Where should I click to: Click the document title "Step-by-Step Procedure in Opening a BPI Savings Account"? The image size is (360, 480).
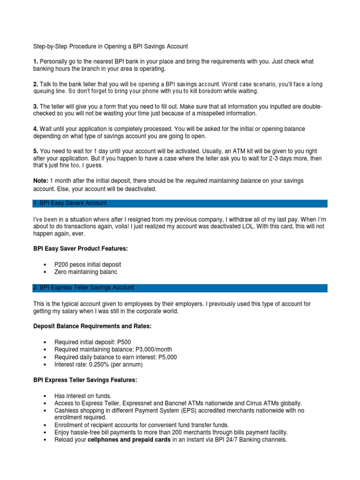coord(110,46)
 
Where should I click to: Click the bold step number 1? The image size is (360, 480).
coord(36,61)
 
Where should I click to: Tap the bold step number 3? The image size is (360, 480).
coord(36,106)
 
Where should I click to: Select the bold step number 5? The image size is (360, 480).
coord(36,151)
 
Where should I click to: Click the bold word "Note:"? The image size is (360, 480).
coord(41,180)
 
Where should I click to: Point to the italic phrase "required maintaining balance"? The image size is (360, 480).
coord(223,180)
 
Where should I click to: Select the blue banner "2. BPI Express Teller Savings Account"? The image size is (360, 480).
coord(84,288)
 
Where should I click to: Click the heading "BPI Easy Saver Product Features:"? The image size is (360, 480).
coord(80,249)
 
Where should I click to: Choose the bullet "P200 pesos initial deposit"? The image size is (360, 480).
coord(88,264)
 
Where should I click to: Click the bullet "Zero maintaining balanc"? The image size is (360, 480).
coord(86,272)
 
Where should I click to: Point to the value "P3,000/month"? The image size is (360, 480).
coord(152,350)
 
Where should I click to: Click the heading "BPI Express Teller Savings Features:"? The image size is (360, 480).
coord(85,380)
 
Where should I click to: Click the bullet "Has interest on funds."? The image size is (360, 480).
coord(82,396)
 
